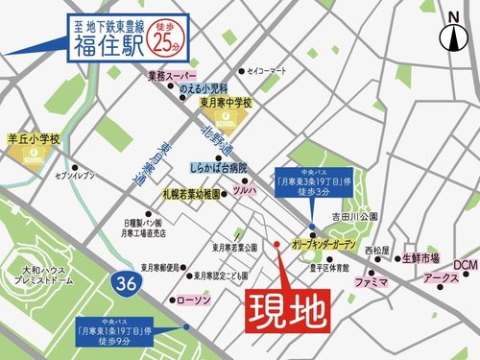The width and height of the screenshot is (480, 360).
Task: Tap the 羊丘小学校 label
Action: pyautogui.click(x=33, y=140)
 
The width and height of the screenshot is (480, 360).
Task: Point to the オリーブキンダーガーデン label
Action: pyautogui.click(x=333, y=244)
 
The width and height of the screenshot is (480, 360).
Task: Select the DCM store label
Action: pyautogui.click(x=465, y=264)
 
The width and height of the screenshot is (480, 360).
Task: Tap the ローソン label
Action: pyautogui.click(x=194, y=300)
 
